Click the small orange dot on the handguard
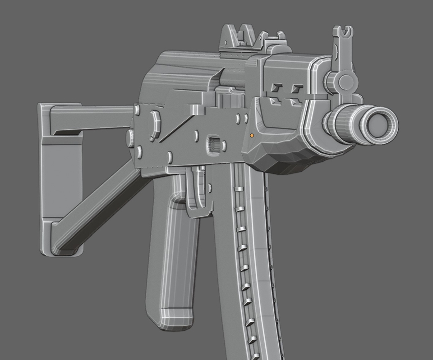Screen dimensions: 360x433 [252, 135]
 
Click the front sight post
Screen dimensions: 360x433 [342, 45]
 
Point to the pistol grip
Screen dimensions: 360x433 [174, 261]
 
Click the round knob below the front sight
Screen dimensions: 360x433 [345, 82]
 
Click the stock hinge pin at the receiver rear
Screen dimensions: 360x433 [136, 109]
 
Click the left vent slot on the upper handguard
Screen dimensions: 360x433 [276, 88]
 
